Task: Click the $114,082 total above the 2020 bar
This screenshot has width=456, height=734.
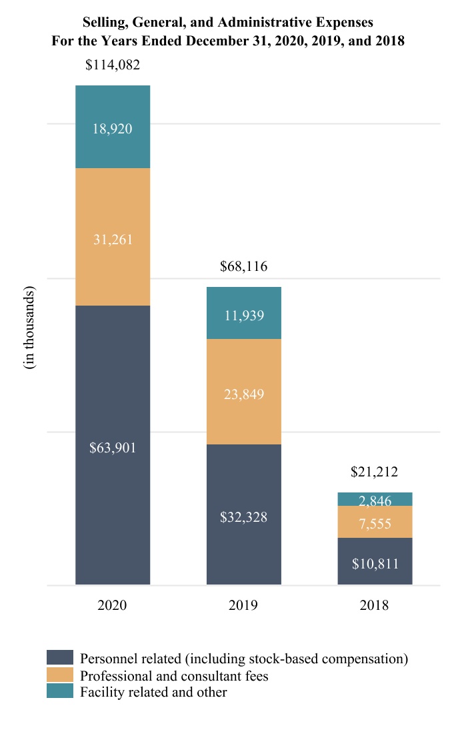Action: (112, 65)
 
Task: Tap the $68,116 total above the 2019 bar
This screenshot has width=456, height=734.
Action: (243, 267)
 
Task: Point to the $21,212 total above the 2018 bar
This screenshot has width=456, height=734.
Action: (375, 472)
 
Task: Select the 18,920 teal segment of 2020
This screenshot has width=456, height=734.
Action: (112, 128)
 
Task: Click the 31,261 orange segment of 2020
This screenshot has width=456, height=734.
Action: (112, 239)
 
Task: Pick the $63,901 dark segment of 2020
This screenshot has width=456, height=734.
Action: (112, 447)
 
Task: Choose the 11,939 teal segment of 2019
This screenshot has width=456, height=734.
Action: (243, 315)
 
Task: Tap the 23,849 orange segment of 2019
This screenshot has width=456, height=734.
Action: (243, 394)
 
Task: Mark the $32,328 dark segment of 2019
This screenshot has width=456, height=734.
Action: (243, 516)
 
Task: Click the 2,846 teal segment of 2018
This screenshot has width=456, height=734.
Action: (375, 500)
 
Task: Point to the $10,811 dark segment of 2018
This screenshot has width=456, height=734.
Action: (375, 563)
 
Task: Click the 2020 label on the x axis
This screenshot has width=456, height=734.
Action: (112, 606)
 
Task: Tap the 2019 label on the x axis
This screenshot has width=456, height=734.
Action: (243, 606)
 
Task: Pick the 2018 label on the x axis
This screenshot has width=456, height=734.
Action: (375, 606)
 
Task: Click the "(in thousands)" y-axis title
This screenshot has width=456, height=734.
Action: (30, 329)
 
